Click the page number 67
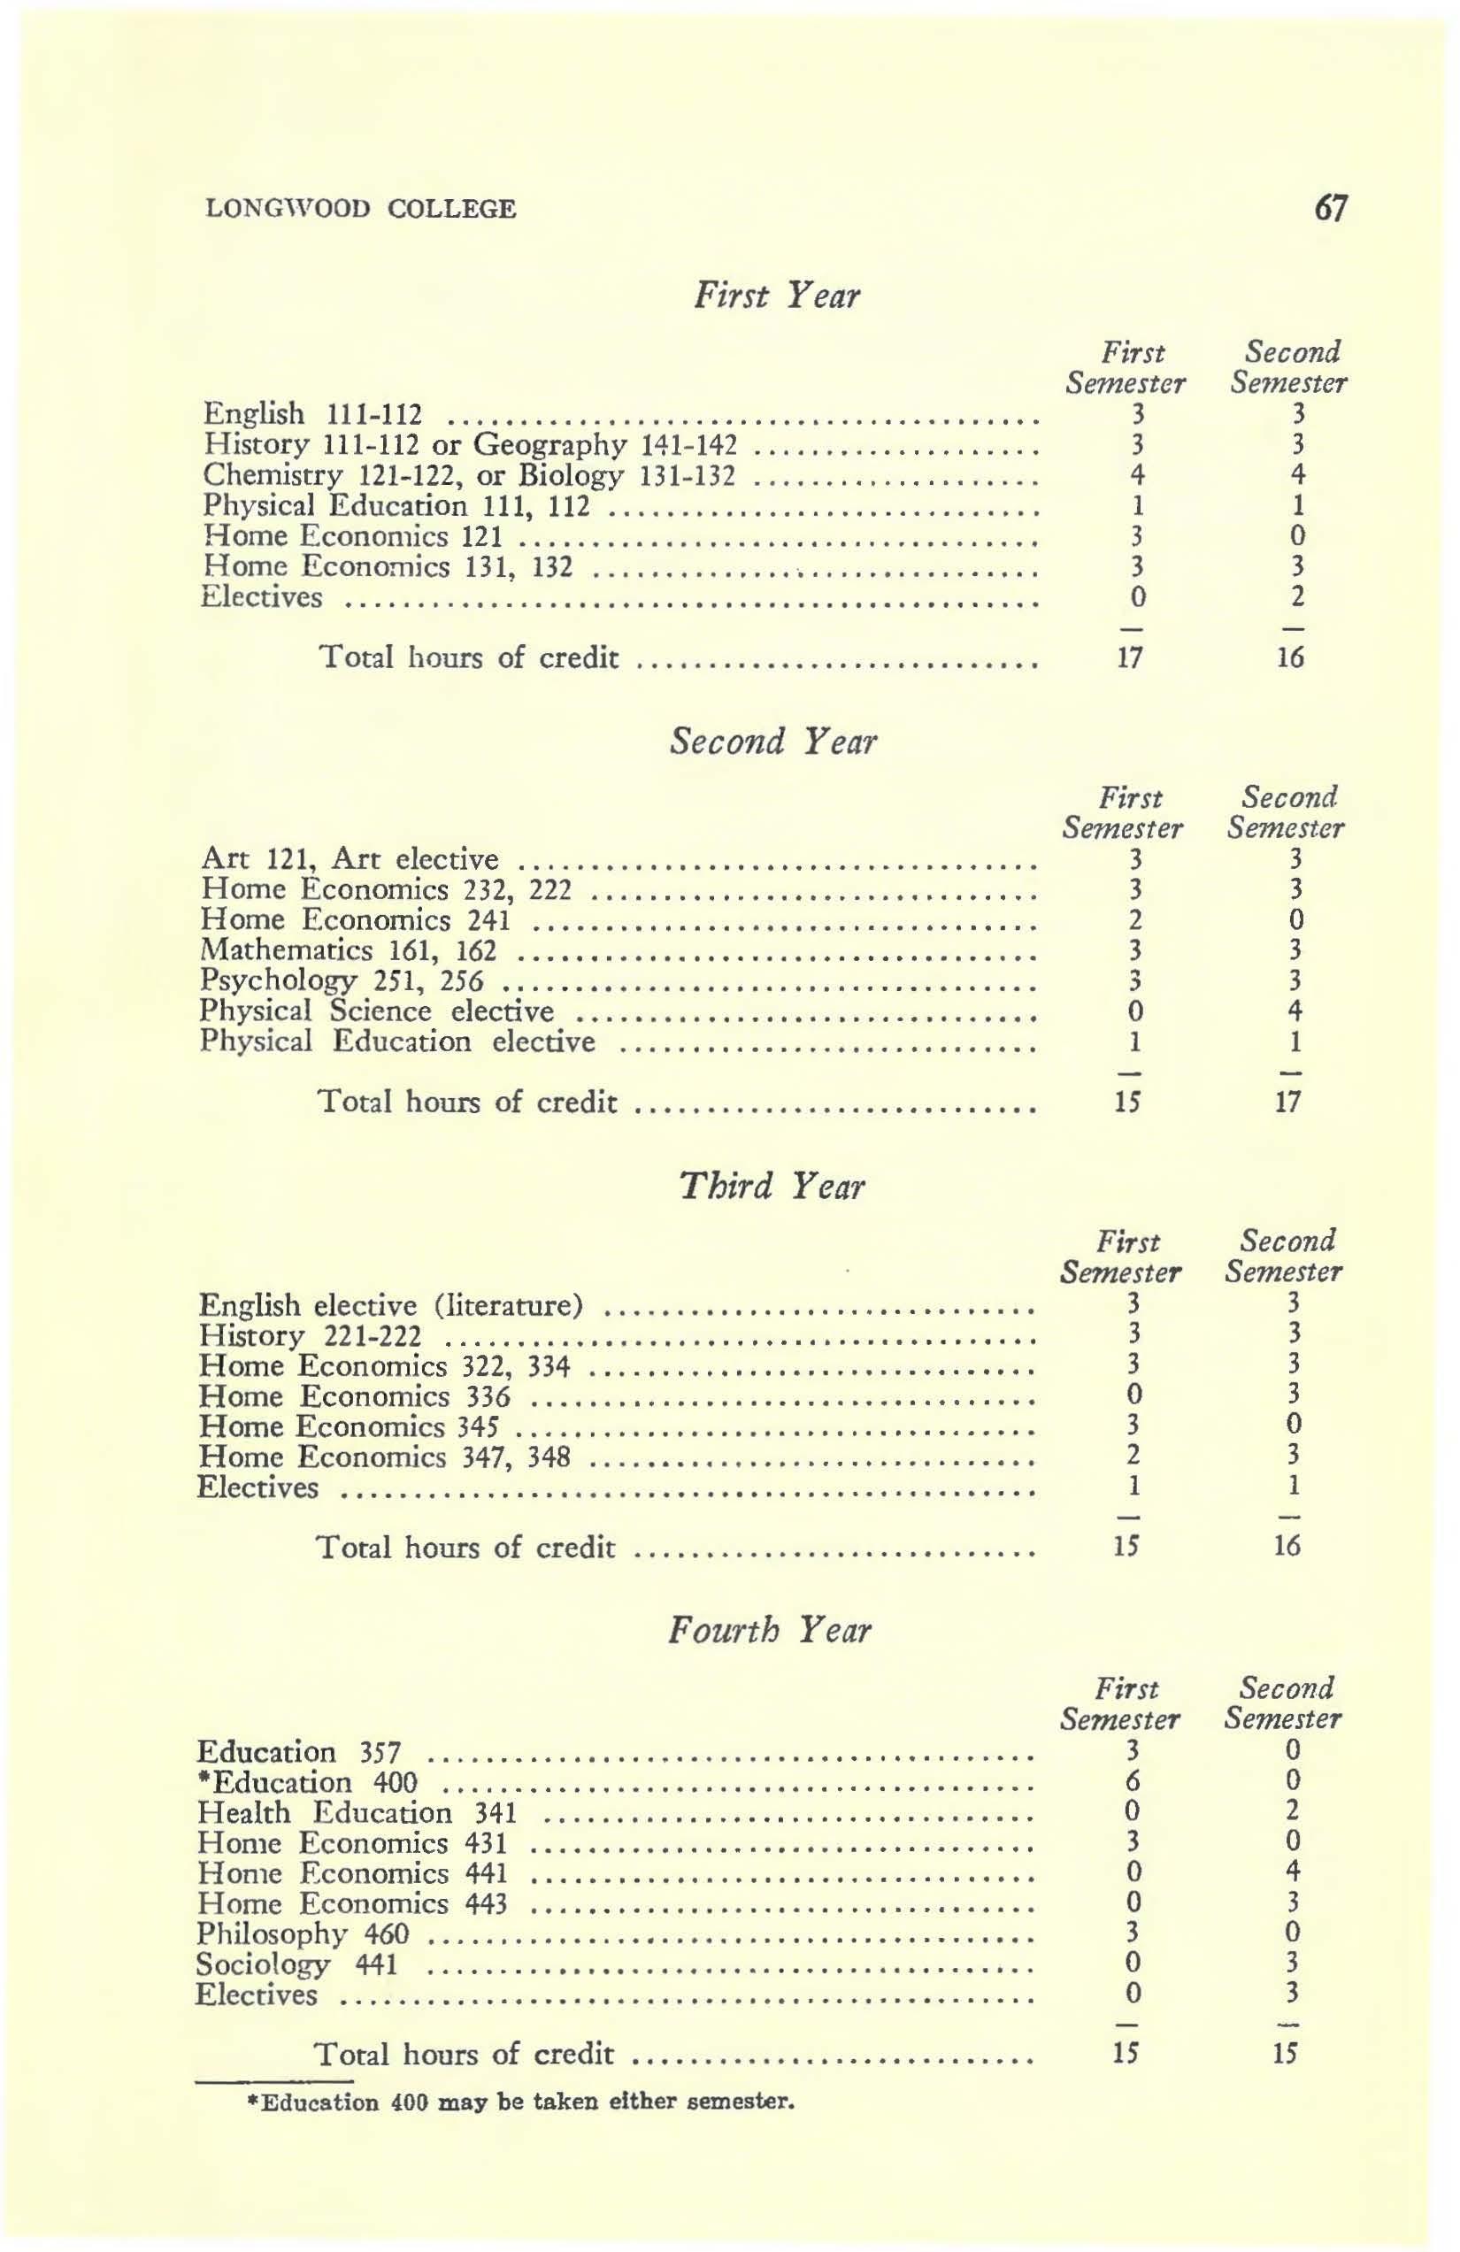[x=1332, y=207]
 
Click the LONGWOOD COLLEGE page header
[x=361, y=209]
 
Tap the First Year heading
[x=777, y=296]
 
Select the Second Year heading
[x=773, y=741]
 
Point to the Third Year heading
[x=772, y=1185]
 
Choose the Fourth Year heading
[x=769, y=1629]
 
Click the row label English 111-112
[x=313, y=414]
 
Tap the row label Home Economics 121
[x=352, y=536]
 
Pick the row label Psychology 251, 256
[x=342, y=980]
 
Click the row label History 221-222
[x=311, y=1336]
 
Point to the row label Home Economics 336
[x=354, y=1396]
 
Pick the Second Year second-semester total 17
[x=1288, y=1102]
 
